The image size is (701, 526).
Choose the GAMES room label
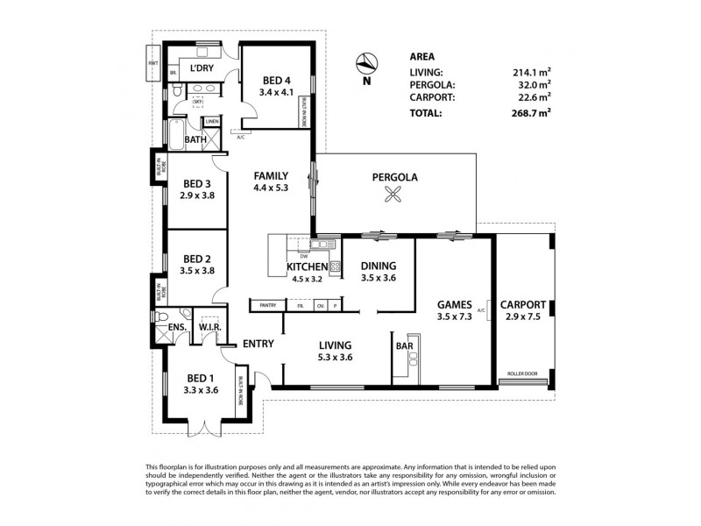[455, 306]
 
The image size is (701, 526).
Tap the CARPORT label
[523, 305]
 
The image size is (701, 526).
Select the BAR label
[405, 346]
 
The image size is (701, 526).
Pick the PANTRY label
[267, 305]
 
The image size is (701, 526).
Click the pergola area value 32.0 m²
[533, 85]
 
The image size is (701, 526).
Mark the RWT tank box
[153, 63]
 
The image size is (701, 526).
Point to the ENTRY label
[260, 344]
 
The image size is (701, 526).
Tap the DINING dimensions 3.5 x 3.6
[379, 279]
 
